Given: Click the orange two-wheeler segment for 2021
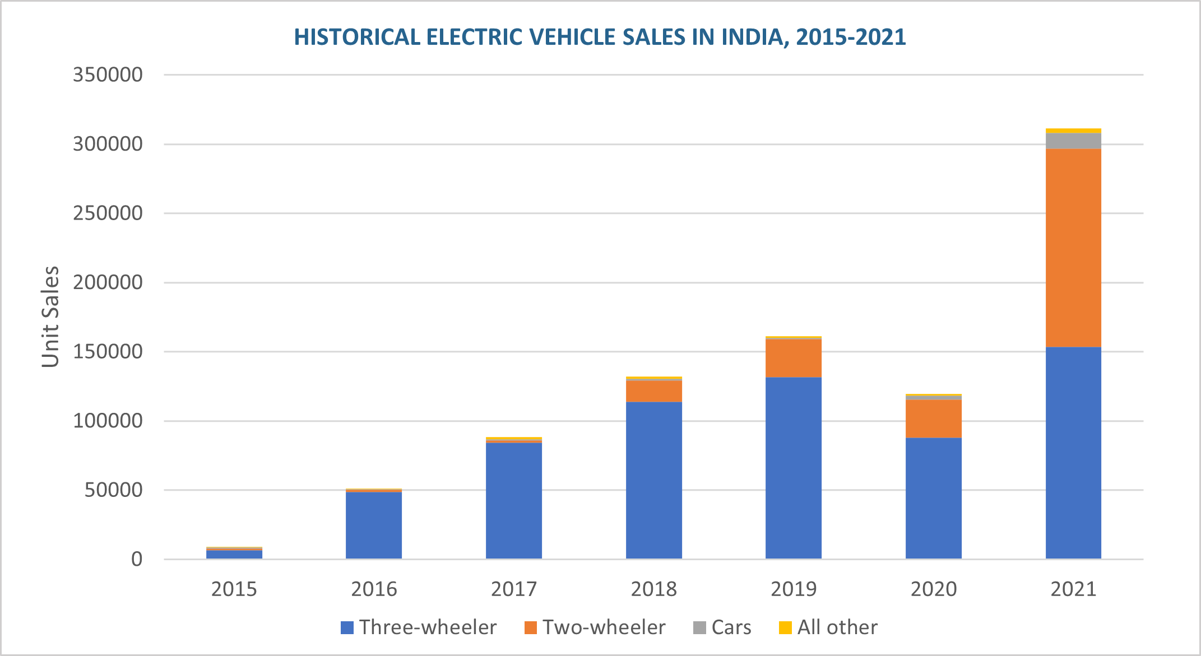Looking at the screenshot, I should tap(1073, 248).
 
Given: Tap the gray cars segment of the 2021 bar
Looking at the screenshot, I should tap(1073, 141).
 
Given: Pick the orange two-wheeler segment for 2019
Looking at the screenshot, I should tap(794, 359).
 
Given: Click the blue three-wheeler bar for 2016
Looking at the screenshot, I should tap(374, 525).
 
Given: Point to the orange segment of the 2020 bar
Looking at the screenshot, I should tap(934, 418).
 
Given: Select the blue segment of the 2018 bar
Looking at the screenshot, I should tap(654, 480).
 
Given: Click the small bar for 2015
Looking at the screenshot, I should tap(234, 553).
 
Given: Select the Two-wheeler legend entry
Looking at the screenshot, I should tap(595, 627).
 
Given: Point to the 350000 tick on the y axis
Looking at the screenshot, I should tap(108, 75).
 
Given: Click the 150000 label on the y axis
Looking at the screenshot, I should tap(108, 352).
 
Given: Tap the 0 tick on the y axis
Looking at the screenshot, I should tap(137, 559).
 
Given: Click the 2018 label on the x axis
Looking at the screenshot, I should tap(654, 589).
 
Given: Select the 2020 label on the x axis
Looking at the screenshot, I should tap(934, 589).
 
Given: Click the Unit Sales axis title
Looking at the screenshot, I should tap(50, 317).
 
